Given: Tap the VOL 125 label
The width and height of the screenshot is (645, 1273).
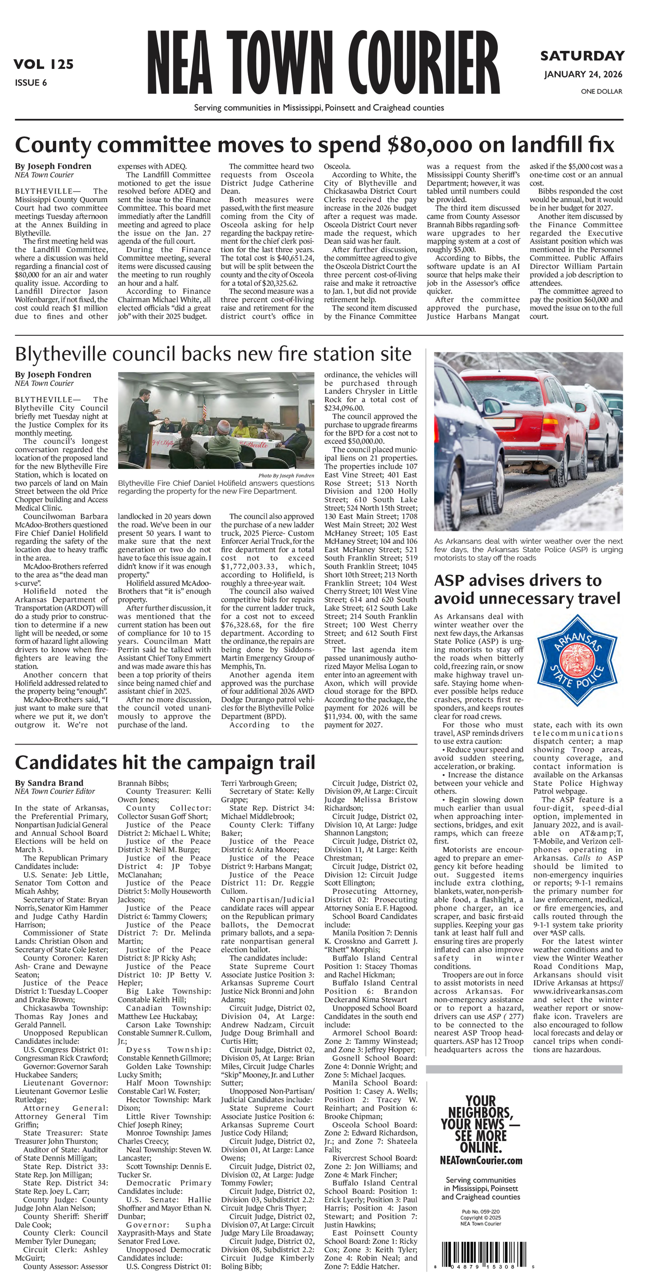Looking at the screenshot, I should click(x=44, y=64).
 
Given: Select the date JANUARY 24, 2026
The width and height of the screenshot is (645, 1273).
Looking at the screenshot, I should click(x=583, y=75).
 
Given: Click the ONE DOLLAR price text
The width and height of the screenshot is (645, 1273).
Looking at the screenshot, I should click(x=601, y=91).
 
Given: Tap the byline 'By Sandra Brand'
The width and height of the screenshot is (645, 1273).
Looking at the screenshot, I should click(x=49, y=783).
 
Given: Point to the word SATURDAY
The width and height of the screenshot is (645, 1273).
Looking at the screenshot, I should click(x=582, y=56).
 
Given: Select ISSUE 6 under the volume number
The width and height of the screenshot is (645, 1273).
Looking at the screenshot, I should click(x=31, y=83).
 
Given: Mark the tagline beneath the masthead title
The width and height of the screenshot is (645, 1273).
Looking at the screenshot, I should click(x=318, y=108).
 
